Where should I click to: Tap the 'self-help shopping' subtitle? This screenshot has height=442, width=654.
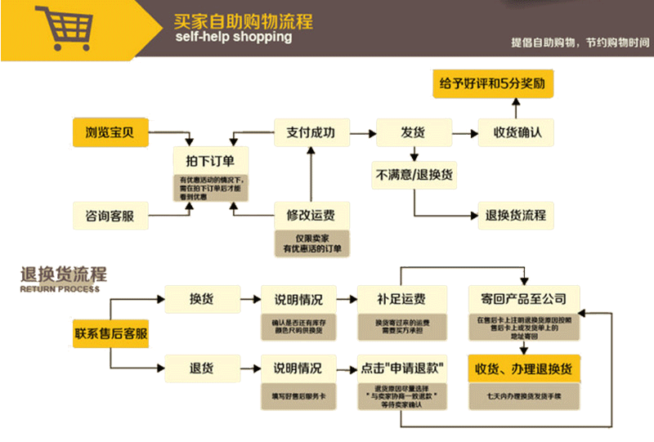233,38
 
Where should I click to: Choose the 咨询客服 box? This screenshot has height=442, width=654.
110,216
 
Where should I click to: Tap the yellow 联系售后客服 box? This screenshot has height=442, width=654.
111,333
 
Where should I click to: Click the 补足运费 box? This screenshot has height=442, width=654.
401,298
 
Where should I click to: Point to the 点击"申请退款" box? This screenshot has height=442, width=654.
401,367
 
